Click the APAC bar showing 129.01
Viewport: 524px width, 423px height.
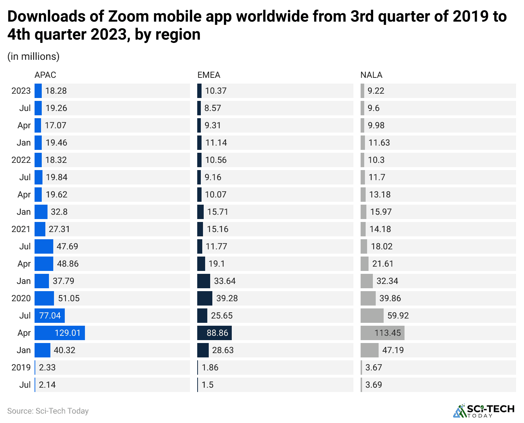(60, 333)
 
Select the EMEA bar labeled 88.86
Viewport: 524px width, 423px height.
(214, 333)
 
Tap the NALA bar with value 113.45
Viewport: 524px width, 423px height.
(382, 333)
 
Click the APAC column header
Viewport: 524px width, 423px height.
(45, 75)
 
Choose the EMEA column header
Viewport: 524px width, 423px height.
(209, 75)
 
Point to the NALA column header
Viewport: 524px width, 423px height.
(371, 75)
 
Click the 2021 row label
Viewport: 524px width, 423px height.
(21, 229)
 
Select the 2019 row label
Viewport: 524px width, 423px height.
(21, 368)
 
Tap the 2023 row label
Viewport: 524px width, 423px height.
(21, 91)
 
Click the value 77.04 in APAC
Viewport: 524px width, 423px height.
(50, 316)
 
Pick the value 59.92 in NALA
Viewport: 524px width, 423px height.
(398, 316)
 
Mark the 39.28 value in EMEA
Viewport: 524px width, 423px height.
(227, 298)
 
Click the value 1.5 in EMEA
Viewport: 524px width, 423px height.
(208, 385)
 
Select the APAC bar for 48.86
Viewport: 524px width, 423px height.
(44, 264)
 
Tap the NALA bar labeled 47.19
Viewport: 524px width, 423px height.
(370, 350)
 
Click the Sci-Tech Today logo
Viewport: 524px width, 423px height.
(484, 411)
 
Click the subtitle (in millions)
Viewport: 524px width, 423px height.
(33, 57)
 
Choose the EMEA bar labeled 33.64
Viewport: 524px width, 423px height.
(204, 281)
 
